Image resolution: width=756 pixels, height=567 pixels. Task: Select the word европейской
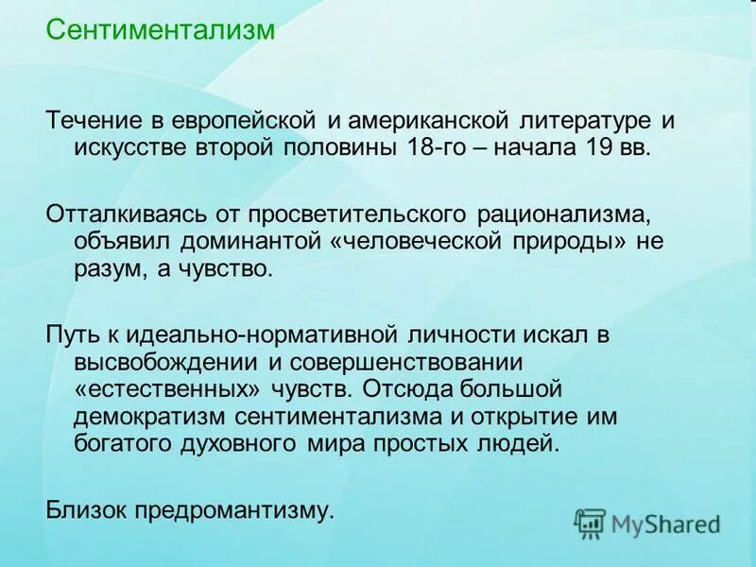pos(249,123)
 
